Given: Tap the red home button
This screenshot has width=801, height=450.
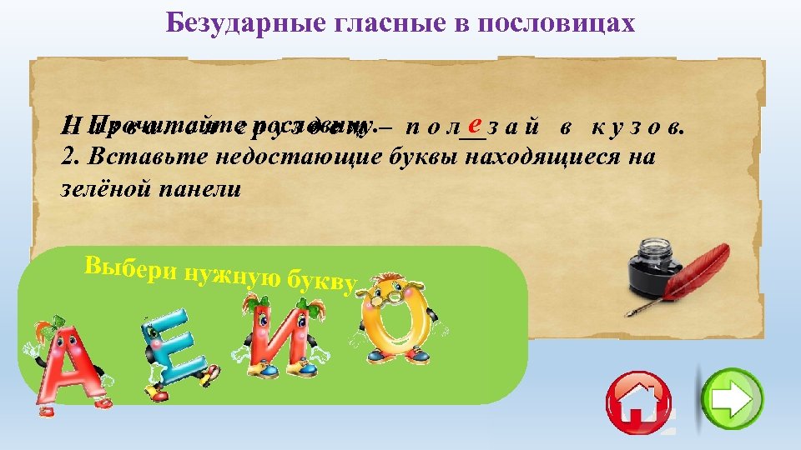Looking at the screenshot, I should tap(640, 402).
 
